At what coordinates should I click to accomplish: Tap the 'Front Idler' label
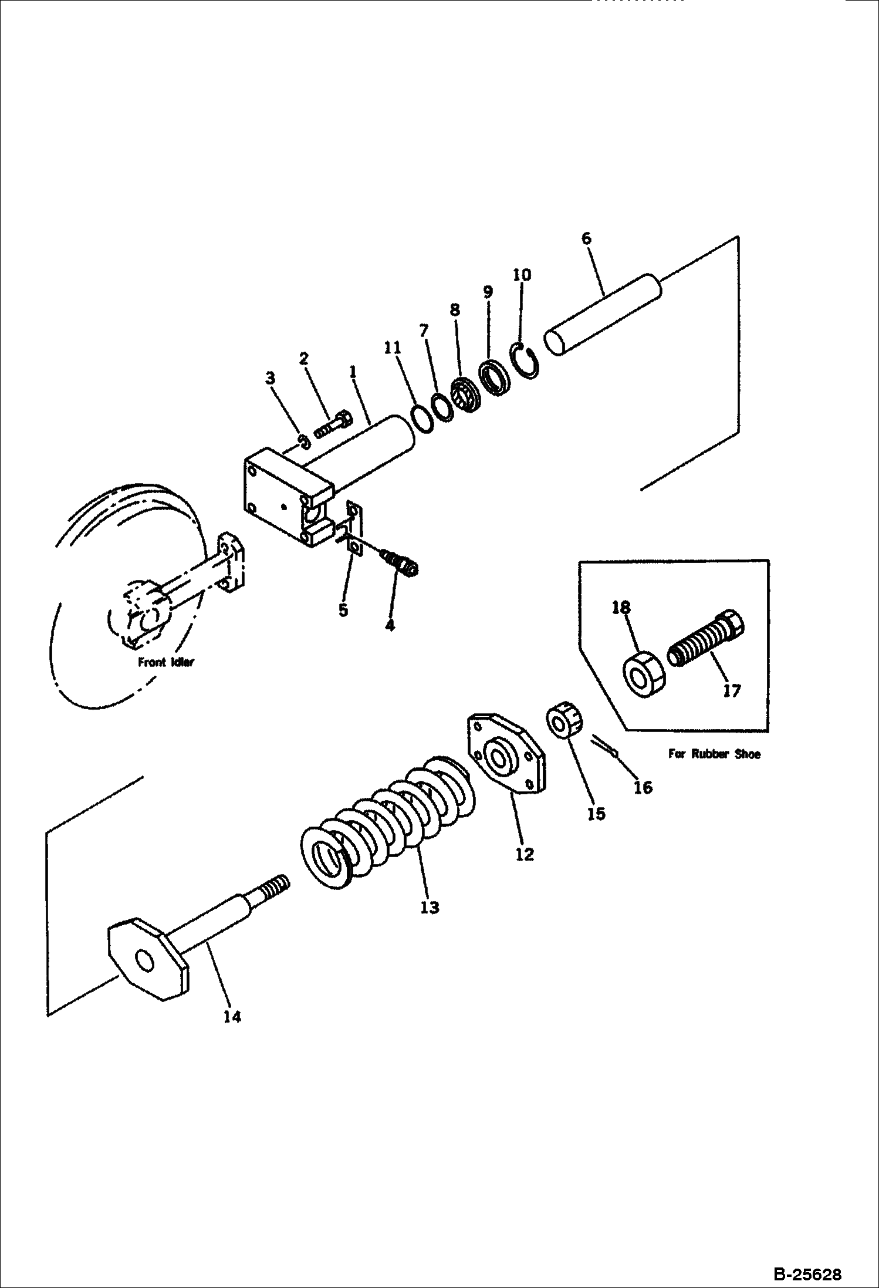click(x=166, y=662)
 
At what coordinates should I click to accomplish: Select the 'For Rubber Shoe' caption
click(x=714, y=754)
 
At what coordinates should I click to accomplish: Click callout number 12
click(x=525, y=855)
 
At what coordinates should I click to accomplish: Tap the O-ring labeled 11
click(x=422, y=418)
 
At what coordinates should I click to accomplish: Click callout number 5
click(x=343, y=610)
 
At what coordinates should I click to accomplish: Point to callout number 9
click(x=488, y=292)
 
